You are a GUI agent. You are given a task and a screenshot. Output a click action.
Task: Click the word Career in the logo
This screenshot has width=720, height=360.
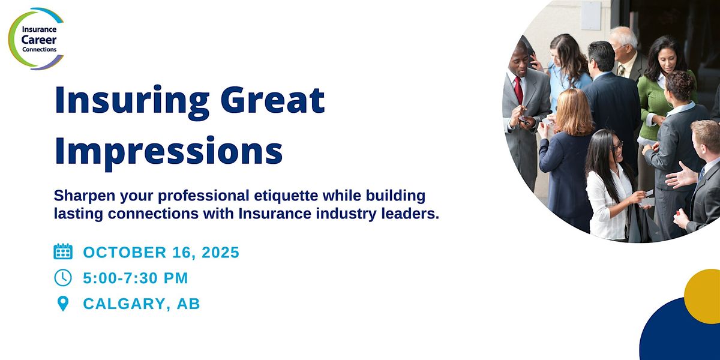pyautogui.click(x=39, y=40)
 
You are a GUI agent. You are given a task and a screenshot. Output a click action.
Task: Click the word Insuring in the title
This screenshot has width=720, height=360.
pyautogui.click(x=132, y=100)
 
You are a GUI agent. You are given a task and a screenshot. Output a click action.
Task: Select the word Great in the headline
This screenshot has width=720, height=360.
pyautogui.click(x=272, y=100)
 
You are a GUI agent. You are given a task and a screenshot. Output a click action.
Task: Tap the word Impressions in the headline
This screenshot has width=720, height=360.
pyautogui.click(x=169, y=151)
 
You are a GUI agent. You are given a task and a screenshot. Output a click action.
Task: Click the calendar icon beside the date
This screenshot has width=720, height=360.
pyautogui.click(x=63, y=251)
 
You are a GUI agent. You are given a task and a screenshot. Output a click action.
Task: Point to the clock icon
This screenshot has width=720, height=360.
pyautogui.click(x=63, y=277)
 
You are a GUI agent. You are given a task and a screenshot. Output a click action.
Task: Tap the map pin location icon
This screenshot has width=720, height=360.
pyautogui.click(x=62, y=304)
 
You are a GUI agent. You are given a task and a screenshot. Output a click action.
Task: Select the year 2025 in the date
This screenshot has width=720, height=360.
pyautogui.click(x=220, y=253)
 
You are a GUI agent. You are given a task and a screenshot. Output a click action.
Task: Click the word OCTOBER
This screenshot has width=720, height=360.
pyautogui.click(x=125, y=253)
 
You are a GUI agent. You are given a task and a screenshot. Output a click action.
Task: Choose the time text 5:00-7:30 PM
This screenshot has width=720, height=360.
pyautogui.click(x=136, y=278)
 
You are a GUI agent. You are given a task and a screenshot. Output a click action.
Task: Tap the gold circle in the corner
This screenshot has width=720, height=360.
pyautogui.click(x=703, y=296)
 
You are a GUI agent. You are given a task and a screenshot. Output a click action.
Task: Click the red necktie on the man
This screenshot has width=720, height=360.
pyautogui.click(x=518, y=89)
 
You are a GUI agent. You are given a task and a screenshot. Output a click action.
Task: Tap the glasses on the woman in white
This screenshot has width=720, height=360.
pyautogui.click(x=617, y=146)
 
